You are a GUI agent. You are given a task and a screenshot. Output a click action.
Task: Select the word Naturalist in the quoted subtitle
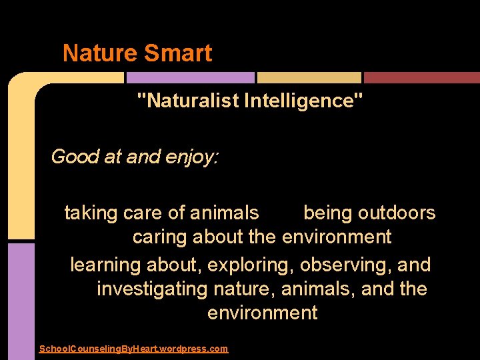click(191, 101)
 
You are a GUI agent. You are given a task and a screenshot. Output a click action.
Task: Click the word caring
click(161, 237)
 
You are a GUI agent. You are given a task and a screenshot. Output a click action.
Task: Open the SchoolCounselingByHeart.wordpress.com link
click(133, 349)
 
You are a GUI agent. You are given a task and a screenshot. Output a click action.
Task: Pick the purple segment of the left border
click(21, 300)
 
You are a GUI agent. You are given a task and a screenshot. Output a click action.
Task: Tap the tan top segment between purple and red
click(309, 77)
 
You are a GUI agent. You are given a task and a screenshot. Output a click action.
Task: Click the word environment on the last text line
click(263, 313)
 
